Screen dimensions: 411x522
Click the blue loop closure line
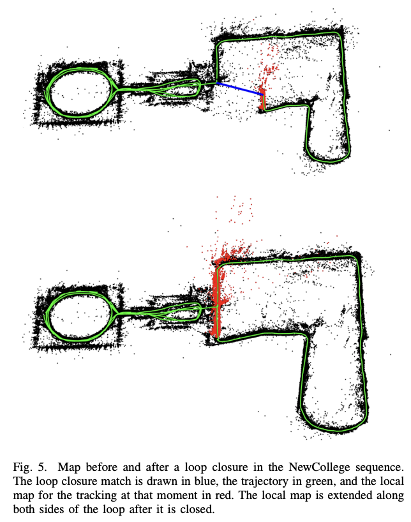click(x=239, y=89)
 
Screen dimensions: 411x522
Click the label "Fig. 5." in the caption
click(x=29, y=468)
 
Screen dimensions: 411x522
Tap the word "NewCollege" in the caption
click(x=319, y=467)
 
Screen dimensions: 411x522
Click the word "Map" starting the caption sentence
click(x=69, y=467)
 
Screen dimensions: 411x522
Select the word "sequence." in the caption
click(x=379, y=468)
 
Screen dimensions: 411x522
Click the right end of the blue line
click(x=263, y=96)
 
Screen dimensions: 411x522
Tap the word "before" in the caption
click(x=101, y=467)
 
